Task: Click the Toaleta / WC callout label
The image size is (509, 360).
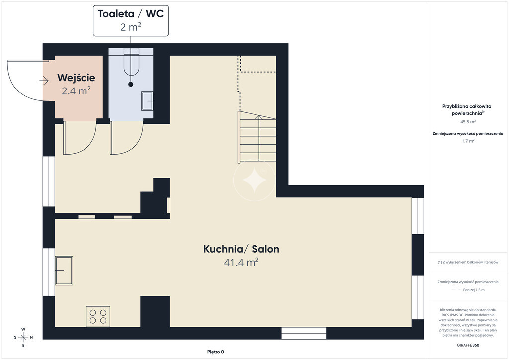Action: coord(131,20)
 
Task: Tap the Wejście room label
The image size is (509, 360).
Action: coord(76,78)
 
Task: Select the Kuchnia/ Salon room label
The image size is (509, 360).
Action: coord(241,249)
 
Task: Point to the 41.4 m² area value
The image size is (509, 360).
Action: coord(241,262)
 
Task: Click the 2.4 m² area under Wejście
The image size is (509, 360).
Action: coord(76,91)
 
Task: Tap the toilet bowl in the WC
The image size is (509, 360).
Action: coord(131,62)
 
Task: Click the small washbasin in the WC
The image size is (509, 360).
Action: coord(147,101)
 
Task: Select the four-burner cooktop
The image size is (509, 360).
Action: coord(98,317)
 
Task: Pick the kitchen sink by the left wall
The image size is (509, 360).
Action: coord(64,270)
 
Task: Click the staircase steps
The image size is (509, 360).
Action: coord(257,136)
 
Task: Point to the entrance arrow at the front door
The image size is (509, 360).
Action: coord(44,81)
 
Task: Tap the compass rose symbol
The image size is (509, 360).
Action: coord(23,337)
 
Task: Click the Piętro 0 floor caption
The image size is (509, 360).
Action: coord(216,352)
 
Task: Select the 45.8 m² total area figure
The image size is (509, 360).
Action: coord(468,122)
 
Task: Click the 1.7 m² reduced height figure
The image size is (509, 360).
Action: coord(468,141)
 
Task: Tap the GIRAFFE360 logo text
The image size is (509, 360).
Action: coord(468,345)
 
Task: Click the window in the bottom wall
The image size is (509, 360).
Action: coord(304,333)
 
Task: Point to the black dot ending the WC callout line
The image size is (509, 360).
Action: coord(131,84)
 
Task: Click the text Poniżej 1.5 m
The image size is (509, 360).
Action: coord(474,290)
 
